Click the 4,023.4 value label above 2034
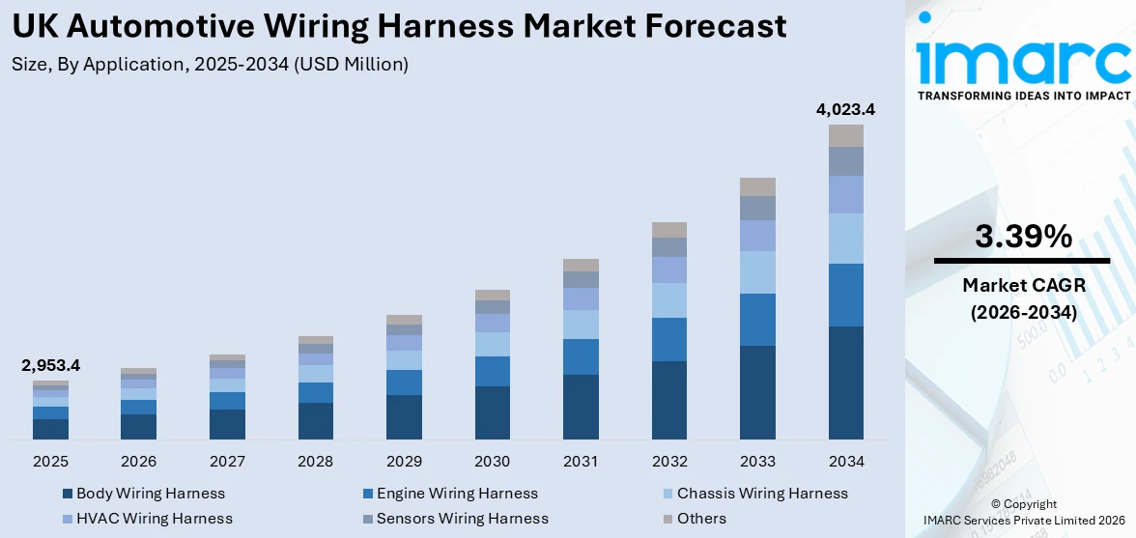(845, 110)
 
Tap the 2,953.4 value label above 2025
(50, 365)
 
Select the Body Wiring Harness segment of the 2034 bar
(846, 382)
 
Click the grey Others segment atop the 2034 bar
(846, 135)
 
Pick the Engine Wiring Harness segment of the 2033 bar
(757, 320)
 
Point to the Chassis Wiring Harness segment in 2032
(668, 300)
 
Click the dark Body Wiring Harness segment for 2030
(492, 412)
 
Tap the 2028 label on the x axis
(316, 461)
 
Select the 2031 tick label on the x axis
(581, 461)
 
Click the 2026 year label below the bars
(139, 461)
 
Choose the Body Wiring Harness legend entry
(150, 494)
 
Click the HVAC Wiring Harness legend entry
(154, 519)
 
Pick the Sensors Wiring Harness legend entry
(462, 519)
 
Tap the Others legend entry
(700, 519)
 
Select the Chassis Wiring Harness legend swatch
(667, 494)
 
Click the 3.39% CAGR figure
(1022, 237)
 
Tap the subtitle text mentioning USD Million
(210, 65)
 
